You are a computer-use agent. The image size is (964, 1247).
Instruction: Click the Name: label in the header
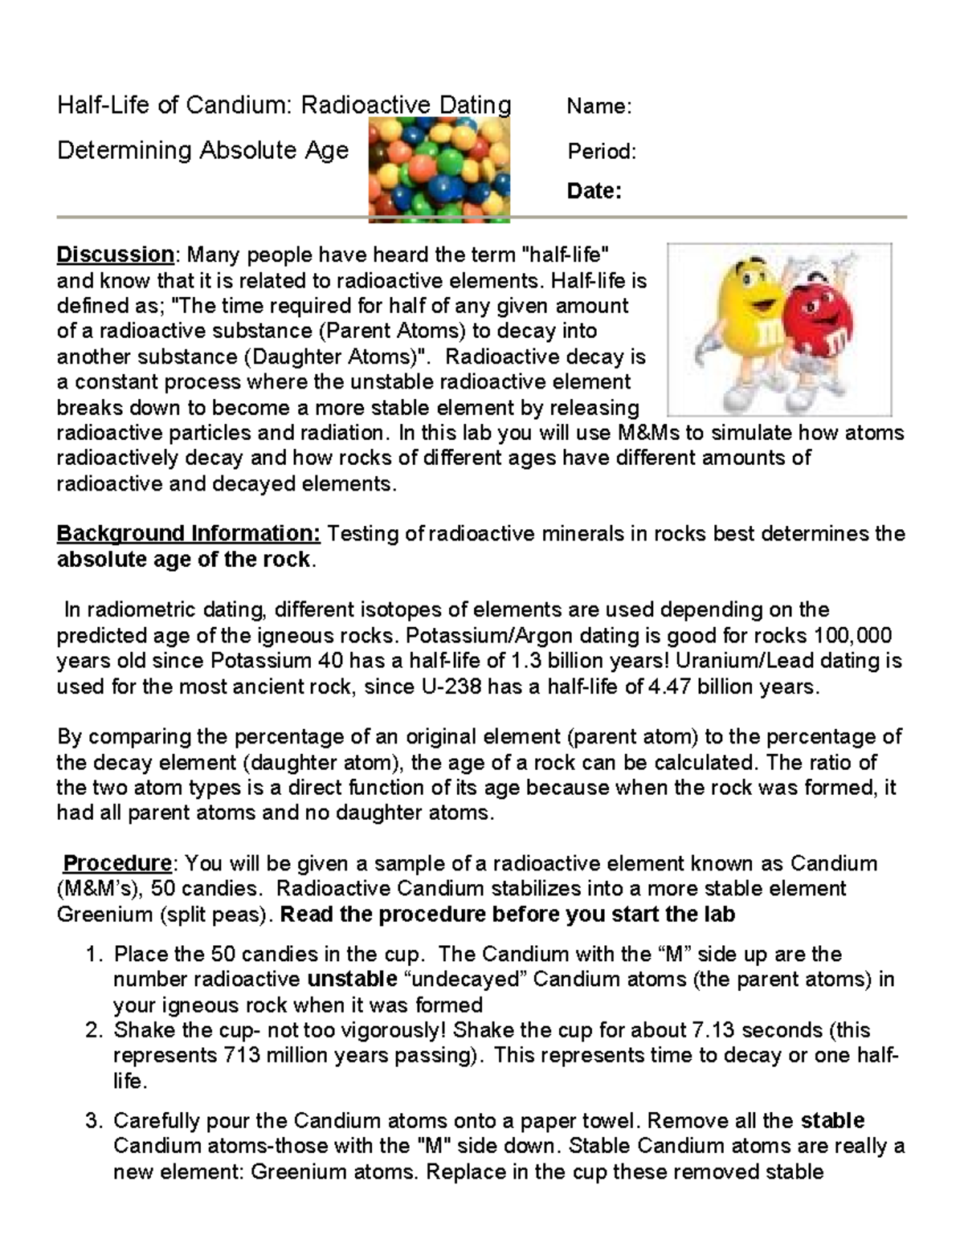(x=599, y=107)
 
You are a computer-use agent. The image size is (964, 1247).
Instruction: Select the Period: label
(x=602, y=152)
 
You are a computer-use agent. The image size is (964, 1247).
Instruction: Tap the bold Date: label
(x=594, y=191)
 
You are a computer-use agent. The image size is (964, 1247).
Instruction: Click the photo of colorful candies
(x=439, y=169)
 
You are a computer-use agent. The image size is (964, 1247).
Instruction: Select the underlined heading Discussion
(x=115, y=255)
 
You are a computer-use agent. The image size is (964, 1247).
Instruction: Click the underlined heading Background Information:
(x=189, y=534)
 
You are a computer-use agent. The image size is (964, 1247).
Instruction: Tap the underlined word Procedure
(x=117, y=864)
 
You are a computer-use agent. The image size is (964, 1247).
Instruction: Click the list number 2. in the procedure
(x=95, y=1030)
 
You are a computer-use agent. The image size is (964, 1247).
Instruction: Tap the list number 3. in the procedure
(x=95, y=1121)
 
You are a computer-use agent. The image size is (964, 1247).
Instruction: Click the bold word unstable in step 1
(x=353, y=980)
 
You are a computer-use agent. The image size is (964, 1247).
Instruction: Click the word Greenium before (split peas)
(x=104, y=915)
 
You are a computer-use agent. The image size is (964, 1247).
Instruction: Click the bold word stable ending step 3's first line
(x=833, y=1121)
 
